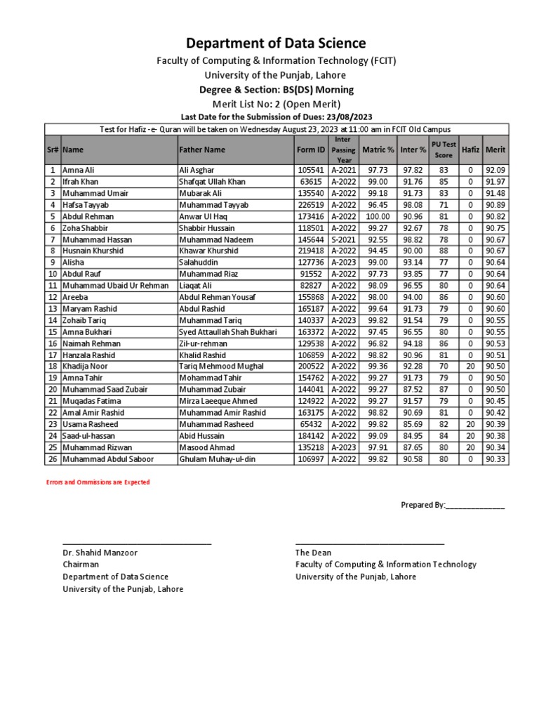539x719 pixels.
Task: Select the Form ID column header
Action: [311, 150]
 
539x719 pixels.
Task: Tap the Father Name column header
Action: [202, 150]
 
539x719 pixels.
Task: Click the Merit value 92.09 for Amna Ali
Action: [495, 170]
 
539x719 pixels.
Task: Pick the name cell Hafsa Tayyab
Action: [82, 204]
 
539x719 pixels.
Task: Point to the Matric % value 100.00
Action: [378, 216]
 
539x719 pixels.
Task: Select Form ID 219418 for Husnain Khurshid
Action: [311, 251]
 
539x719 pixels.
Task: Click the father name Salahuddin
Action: [199, 263]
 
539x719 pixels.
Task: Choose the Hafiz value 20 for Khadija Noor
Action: [471, 367]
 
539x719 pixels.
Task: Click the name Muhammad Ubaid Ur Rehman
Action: [115, 286]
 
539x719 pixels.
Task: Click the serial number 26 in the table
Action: [53, 459]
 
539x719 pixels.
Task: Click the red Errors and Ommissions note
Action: [98, 482]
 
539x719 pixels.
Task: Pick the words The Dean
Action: [313, 553]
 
